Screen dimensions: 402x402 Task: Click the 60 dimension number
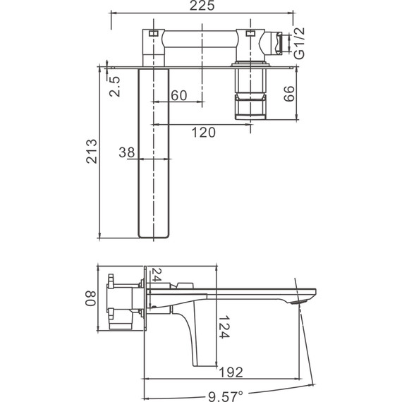pyautogui.click(x=179, y=95)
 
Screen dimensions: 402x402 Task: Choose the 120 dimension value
pyautogui.click(x=202, y=132)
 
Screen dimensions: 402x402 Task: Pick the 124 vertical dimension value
pyautogui.click(x=224, y=327)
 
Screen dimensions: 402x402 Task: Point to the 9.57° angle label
pyautogui.click(x=223, y=394)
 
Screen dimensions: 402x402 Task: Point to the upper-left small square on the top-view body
pyautogui.click(x=152, y=32)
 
